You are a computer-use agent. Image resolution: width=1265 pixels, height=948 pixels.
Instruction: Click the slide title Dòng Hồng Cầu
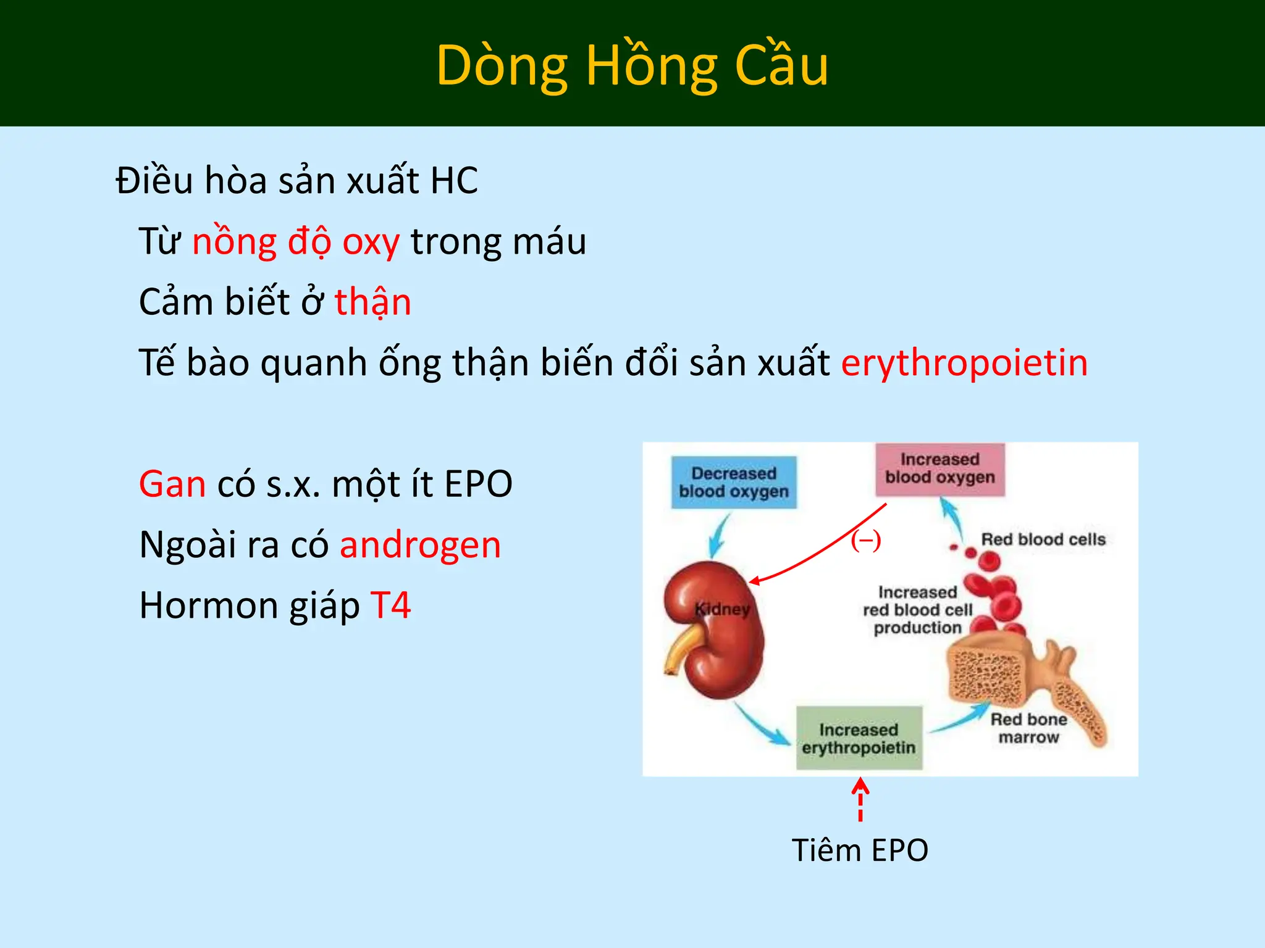632,65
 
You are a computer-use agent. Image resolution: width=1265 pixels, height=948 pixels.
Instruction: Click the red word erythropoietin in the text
964,362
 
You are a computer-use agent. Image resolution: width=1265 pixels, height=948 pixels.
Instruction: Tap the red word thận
373,302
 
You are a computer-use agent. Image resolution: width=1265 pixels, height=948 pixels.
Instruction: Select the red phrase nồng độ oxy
296,242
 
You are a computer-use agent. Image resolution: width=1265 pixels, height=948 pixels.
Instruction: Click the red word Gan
172,484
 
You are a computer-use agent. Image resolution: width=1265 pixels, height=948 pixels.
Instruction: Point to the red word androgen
420,546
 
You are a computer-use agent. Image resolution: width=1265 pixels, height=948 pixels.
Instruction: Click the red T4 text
390,605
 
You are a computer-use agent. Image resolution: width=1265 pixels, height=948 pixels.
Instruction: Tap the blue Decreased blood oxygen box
734,483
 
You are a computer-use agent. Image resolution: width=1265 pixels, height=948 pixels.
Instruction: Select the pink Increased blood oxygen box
939,469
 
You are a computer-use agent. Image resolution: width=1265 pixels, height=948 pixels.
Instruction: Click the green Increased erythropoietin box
859,738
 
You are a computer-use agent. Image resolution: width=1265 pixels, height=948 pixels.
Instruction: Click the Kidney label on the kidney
721,609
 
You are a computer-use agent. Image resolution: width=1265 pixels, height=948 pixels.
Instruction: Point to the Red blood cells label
1043,539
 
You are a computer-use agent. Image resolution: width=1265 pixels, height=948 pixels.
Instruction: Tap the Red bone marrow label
1028,728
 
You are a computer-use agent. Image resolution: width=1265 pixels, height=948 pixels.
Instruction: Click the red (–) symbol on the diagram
865,541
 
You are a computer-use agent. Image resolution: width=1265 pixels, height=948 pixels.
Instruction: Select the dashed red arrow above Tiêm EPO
860,799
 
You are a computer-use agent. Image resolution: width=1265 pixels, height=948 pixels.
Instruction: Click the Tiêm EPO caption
860,850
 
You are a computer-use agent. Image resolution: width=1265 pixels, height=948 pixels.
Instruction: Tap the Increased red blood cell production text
917,610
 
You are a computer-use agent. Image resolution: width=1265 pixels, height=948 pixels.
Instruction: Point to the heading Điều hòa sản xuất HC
296,181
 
